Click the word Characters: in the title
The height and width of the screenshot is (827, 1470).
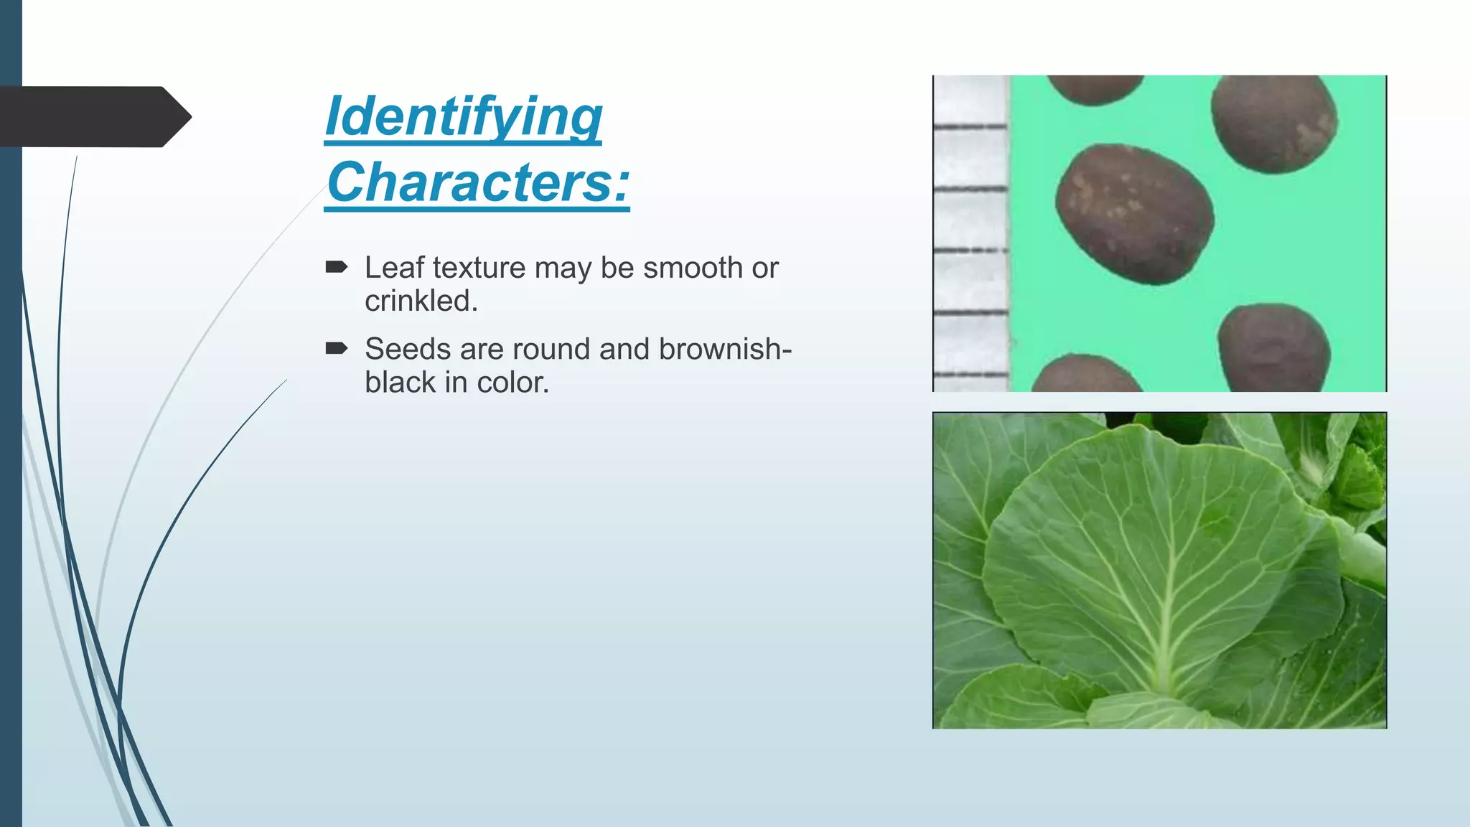pos(478,182)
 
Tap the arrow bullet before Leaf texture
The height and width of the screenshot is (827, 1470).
pos(336,268)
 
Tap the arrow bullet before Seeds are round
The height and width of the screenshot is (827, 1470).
pos(336,349)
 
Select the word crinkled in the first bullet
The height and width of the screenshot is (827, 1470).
pos(420,301)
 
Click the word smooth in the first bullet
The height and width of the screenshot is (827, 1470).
pos(693,268)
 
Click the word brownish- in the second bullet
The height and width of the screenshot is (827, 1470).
pos(725,349)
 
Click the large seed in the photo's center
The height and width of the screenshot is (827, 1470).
pos(1134,214)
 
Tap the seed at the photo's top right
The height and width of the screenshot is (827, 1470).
pos(1274,123)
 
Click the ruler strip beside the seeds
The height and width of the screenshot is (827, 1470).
pos(970,233)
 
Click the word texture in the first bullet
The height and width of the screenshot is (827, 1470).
pos(479,268)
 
